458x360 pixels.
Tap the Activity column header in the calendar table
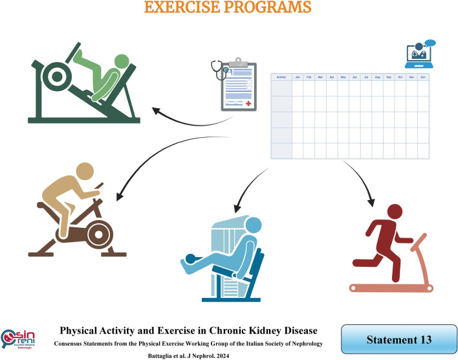pos(281,77)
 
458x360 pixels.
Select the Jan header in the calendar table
pos(298,77)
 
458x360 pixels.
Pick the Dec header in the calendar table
pos(423,77)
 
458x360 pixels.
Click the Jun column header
pos(354,77)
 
